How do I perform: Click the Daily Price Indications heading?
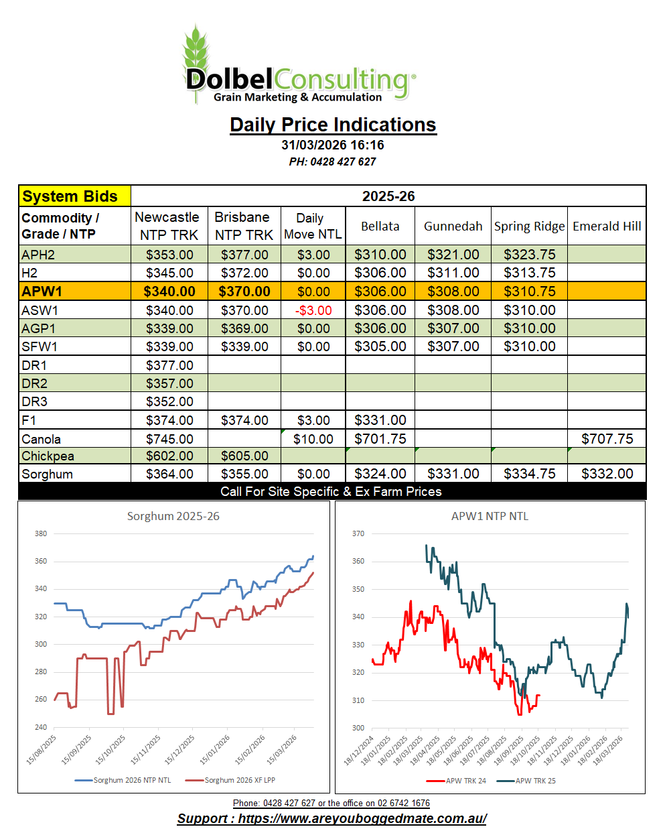[333, 125]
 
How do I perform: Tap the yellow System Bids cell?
[70, 196]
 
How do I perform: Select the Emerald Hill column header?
[607, 227]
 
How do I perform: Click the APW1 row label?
[42, 292]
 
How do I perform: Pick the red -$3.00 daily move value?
[313, 310]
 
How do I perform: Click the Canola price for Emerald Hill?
[607, 439]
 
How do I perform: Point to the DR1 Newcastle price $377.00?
[169, 365]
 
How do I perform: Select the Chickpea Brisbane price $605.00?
[244, 456]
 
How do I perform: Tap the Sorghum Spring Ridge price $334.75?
[529, 474]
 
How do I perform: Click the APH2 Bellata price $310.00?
[380, 255]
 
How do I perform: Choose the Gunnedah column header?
[453, 227]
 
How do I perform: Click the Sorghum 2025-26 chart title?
[173, 516]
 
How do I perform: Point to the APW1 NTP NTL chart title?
[490, 516]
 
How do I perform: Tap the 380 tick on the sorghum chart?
[41, 533]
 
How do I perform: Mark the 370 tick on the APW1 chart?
[358, 533]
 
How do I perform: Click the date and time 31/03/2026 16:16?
[333, 145]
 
